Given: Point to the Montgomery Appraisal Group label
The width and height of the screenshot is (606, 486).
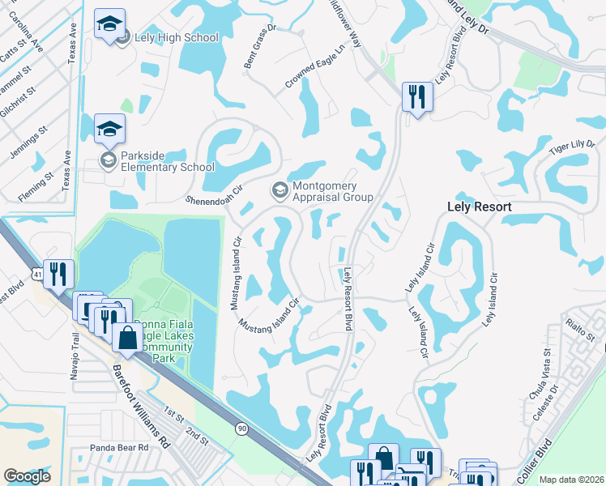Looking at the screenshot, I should [x=331, y=190].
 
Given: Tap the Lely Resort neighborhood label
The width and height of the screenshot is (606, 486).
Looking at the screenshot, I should [x=479, y=207].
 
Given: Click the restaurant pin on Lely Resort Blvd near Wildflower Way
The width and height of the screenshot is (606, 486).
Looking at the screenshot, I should [x=417, y=98].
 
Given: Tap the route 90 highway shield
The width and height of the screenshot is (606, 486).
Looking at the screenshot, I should [x=241, y=428].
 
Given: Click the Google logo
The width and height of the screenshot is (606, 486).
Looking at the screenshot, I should [x=27, y=476].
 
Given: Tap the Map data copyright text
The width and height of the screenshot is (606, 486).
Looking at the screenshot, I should [x=570, y=480].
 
